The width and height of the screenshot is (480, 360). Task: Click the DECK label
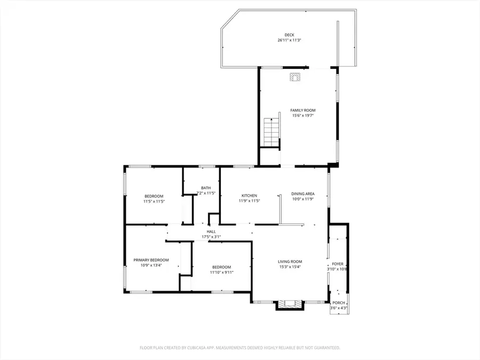[x=289, y=35]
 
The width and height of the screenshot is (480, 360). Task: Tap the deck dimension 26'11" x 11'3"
[x=289, y=41]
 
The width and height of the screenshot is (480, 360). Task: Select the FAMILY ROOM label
[x=302, y=110]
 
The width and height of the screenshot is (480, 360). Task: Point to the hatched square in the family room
[x=295, y=77]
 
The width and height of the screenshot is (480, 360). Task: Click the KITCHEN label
[x=249, y=195]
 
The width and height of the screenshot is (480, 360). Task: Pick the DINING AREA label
[x=302, y=194]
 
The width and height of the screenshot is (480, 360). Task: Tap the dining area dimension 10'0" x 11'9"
[x=302, y=199]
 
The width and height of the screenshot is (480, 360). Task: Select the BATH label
[x=206, y=188]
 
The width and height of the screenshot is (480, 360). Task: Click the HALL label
[x=211, y=231]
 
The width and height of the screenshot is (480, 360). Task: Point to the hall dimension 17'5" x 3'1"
[x=211, y=237]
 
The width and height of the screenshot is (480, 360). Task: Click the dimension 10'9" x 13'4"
[x=151, y=265]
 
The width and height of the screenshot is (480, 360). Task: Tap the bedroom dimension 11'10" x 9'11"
[x=221, y=272]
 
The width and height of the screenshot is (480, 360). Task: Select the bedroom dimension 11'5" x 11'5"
[x=154, y=202]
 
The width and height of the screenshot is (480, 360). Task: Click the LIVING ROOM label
[x=290, y=261]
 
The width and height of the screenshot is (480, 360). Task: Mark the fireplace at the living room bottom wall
[x=290, y=304]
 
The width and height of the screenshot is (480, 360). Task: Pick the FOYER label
[x=338, y=263]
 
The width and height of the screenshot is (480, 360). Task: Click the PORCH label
[x=338, y=303]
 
